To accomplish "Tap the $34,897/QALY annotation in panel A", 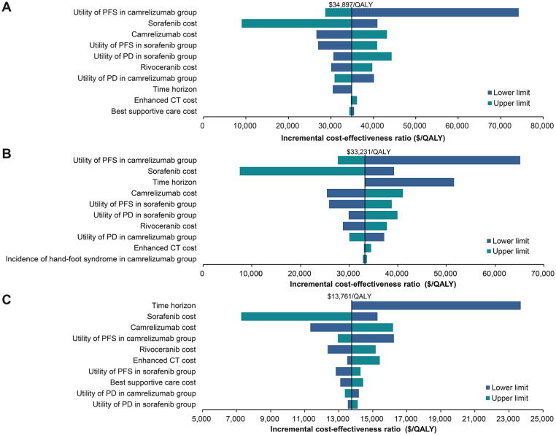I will click(x=351, y=4).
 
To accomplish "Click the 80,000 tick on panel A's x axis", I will click(x=542, y=126).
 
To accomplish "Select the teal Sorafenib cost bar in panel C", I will click(x=296, y=316).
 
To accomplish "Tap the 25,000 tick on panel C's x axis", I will click(x=542, y=420).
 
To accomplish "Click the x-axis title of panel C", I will click(x=353, y=429).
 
